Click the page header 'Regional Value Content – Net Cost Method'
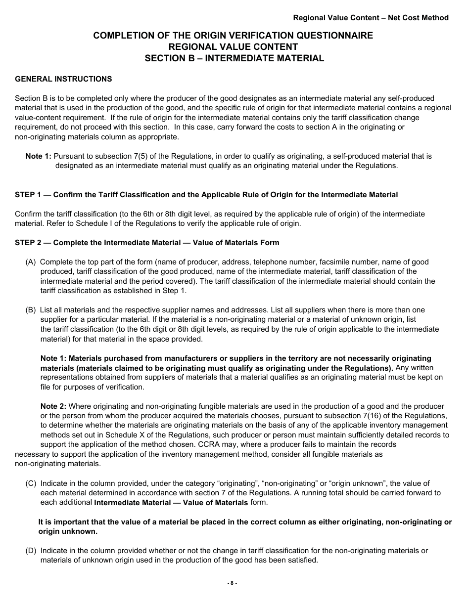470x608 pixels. pyautogui.click(x=371, y=18)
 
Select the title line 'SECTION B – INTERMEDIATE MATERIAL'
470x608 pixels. pyautogui.click(x=234, y=58)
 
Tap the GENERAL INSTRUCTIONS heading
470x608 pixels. pyautogui.click(x=63, y=79)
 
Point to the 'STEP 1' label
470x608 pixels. pyautogui.click(x=28, y=195)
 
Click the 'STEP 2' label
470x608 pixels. pyautogui.click(x=28, y=243)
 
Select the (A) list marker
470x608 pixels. pyautogui.click(x=31, y=262)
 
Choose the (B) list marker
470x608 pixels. pyautogui.click(x=31, y=310)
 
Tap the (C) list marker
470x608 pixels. pyautogui.click(x=31, y=483)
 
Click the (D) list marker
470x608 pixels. pyautogui.click(x=31, y=551)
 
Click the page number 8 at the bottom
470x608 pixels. pyautogui.click(x=232, y=583)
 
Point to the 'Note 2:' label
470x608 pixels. pyautogui.click(x=53, y=406)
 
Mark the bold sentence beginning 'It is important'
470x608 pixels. pyautogui.click(x=245, y=527)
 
